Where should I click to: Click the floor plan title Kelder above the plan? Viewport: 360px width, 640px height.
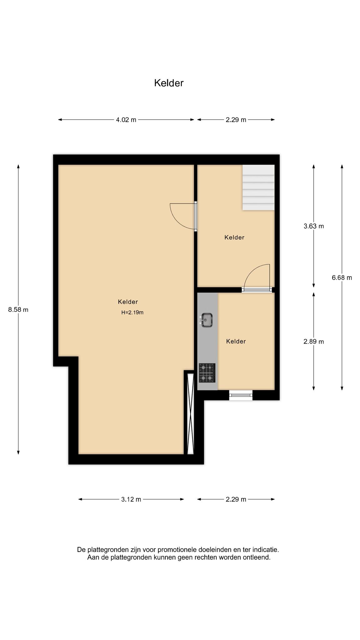pos(169,83)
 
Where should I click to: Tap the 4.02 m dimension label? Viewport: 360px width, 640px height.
pos(126,120)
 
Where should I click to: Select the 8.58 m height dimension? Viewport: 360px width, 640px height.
pos(18,310)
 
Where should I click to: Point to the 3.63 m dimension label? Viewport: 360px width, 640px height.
pos(314,226)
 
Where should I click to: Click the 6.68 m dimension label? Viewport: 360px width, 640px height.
pos(342,277)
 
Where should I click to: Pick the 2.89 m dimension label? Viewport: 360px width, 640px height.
pos(314,342)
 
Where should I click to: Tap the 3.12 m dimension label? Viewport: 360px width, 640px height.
pos(131,499)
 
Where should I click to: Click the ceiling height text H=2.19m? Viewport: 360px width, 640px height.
pos(132,312)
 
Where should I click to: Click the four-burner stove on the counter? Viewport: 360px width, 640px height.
pos(207,373)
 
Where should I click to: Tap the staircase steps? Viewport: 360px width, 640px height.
pos(258,187)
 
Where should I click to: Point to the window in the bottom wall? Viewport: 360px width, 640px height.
pos(241,395)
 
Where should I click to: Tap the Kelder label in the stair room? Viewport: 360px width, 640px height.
pos(234,237)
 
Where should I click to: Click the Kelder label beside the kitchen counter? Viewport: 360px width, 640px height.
pos(236,342)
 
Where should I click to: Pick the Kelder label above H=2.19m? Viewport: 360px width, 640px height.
pos(128,302)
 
